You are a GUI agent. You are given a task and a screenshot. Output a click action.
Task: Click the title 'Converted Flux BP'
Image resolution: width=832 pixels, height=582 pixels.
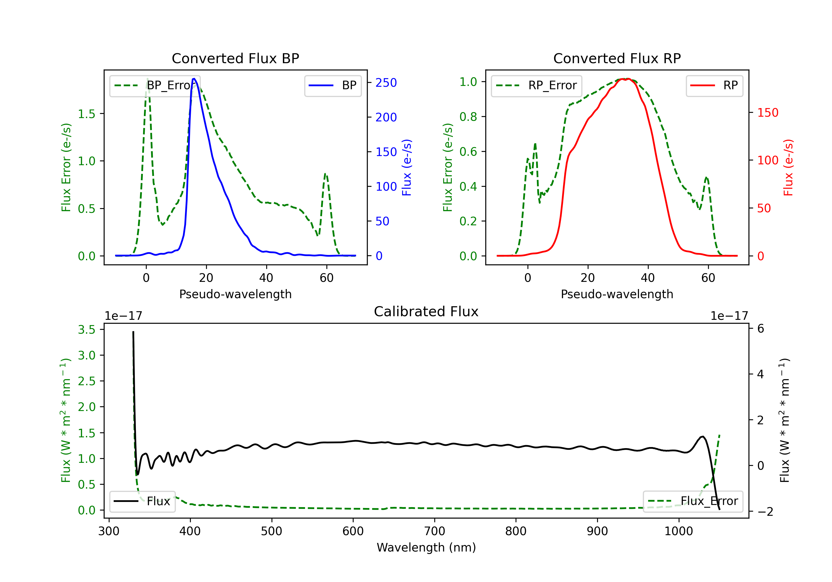[235, 58]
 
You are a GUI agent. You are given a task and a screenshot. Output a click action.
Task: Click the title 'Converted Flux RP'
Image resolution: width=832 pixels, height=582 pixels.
[617, 58]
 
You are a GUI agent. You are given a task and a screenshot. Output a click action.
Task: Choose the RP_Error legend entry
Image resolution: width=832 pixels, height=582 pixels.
[536, 85]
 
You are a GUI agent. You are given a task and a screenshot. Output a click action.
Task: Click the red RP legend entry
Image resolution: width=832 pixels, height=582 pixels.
[714, 85]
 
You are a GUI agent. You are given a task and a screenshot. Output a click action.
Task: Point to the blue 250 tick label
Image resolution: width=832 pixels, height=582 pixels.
[386, 83]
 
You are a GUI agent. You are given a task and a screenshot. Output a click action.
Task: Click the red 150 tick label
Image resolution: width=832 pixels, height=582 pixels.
[767, 113]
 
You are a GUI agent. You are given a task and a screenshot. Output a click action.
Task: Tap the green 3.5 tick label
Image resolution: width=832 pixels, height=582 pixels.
[87, 330]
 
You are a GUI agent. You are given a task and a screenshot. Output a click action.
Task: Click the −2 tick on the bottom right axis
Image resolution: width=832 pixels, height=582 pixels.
[765, 512]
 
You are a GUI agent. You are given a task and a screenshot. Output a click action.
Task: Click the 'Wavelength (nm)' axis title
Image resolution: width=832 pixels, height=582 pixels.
[426, 547]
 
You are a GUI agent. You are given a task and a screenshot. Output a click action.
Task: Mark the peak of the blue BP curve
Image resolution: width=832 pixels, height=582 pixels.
[194, 79]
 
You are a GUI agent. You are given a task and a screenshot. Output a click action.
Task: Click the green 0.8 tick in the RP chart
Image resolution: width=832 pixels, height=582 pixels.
[468, 117]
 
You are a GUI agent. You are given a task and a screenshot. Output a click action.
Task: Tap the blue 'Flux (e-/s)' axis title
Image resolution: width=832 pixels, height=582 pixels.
[407, 167]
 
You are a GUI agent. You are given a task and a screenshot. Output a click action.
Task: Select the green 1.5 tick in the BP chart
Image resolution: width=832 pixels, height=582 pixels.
[87, 114]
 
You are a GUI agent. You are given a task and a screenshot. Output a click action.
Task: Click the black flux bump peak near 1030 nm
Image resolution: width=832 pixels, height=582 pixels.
[703, 436]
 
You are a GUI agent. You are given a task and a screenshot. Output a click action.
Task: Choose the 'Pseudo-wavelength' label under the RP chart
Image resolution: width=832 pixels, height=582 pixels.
[617, 294]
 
